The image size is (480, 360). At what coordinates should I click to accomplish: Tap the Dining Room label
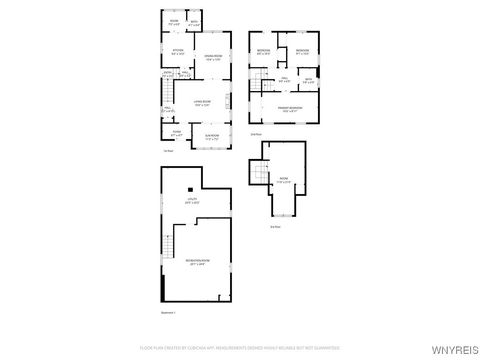point(212,57)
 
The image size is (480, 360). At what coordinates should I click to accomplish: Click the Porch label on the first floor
point(176,131)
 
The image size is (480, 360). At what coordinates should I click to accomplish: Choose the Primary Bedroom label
point(290,109)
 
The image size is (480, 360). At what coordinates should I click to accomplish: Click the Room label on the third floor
point(283,180)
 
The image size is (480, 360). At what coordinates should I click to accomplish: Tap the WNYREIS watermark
point(454,349)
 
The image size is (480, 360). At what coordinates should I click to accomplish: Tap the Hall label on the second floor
point(284,79)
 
